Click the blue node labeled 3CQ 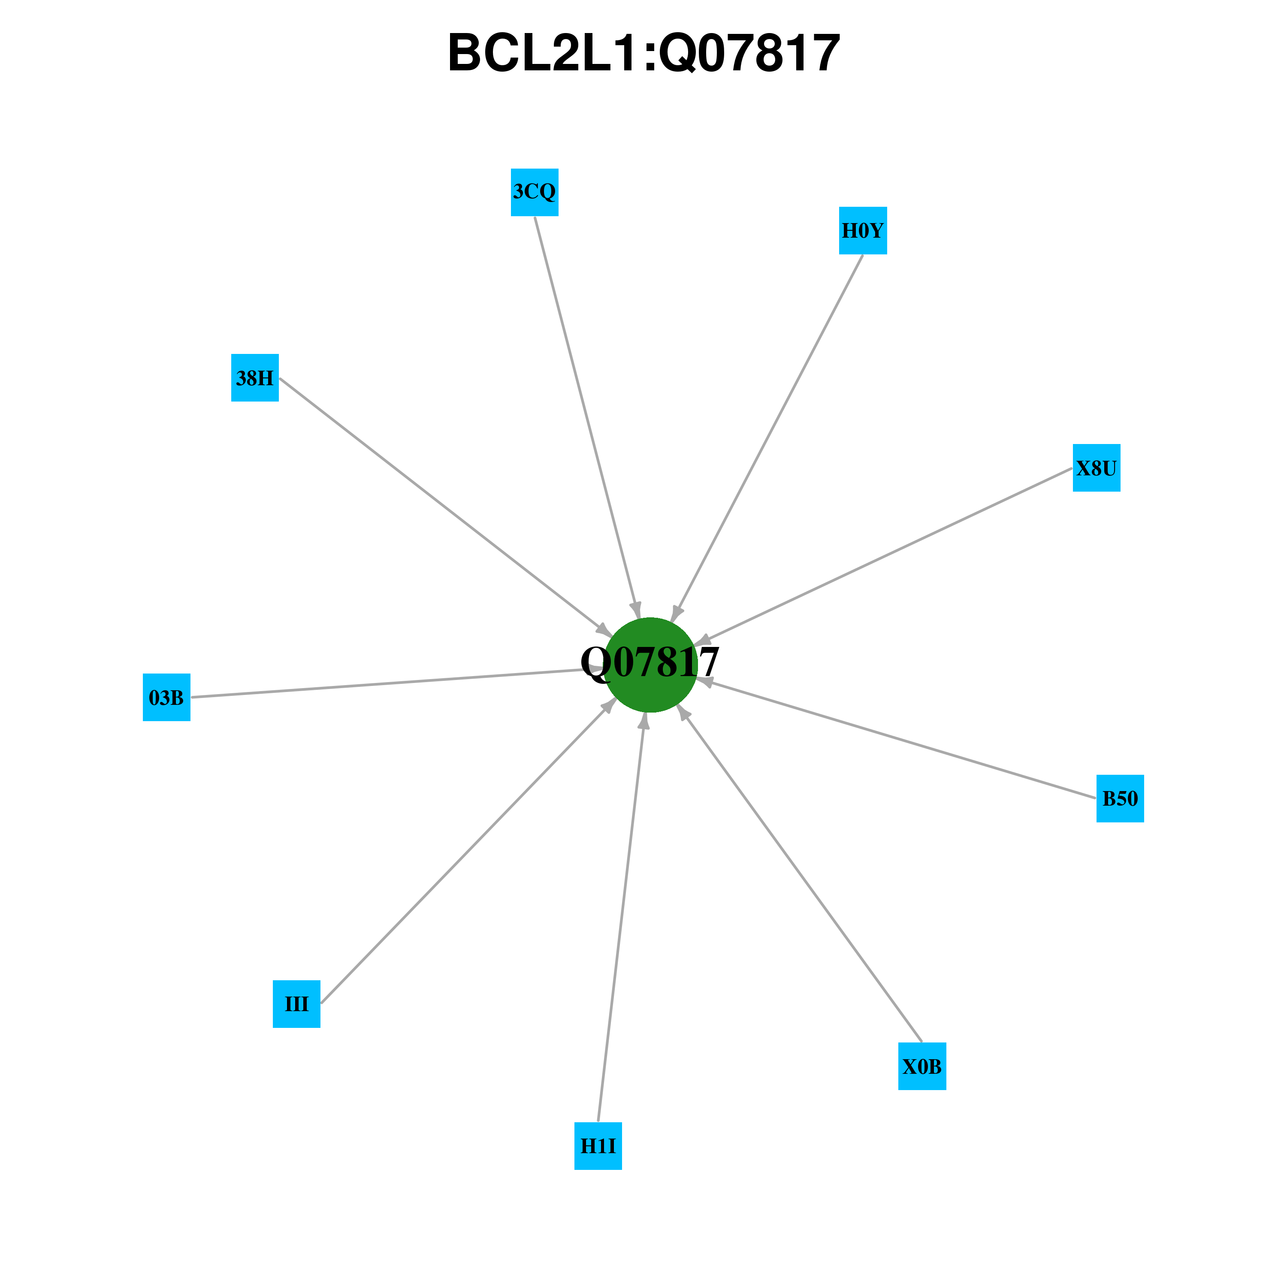click(x=534, y=193)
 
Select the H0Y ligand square click(x=863, y=230)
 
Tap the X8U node click(x=1097, y=468)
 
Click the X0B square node click(x=922, y=1066)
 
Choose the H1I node click(x=598, y=1146)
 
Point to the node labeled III click(x=296, y=1004)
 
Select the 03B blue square click(x=166, y=698)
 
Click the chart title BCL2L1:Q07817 click(x=643, y=53)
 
